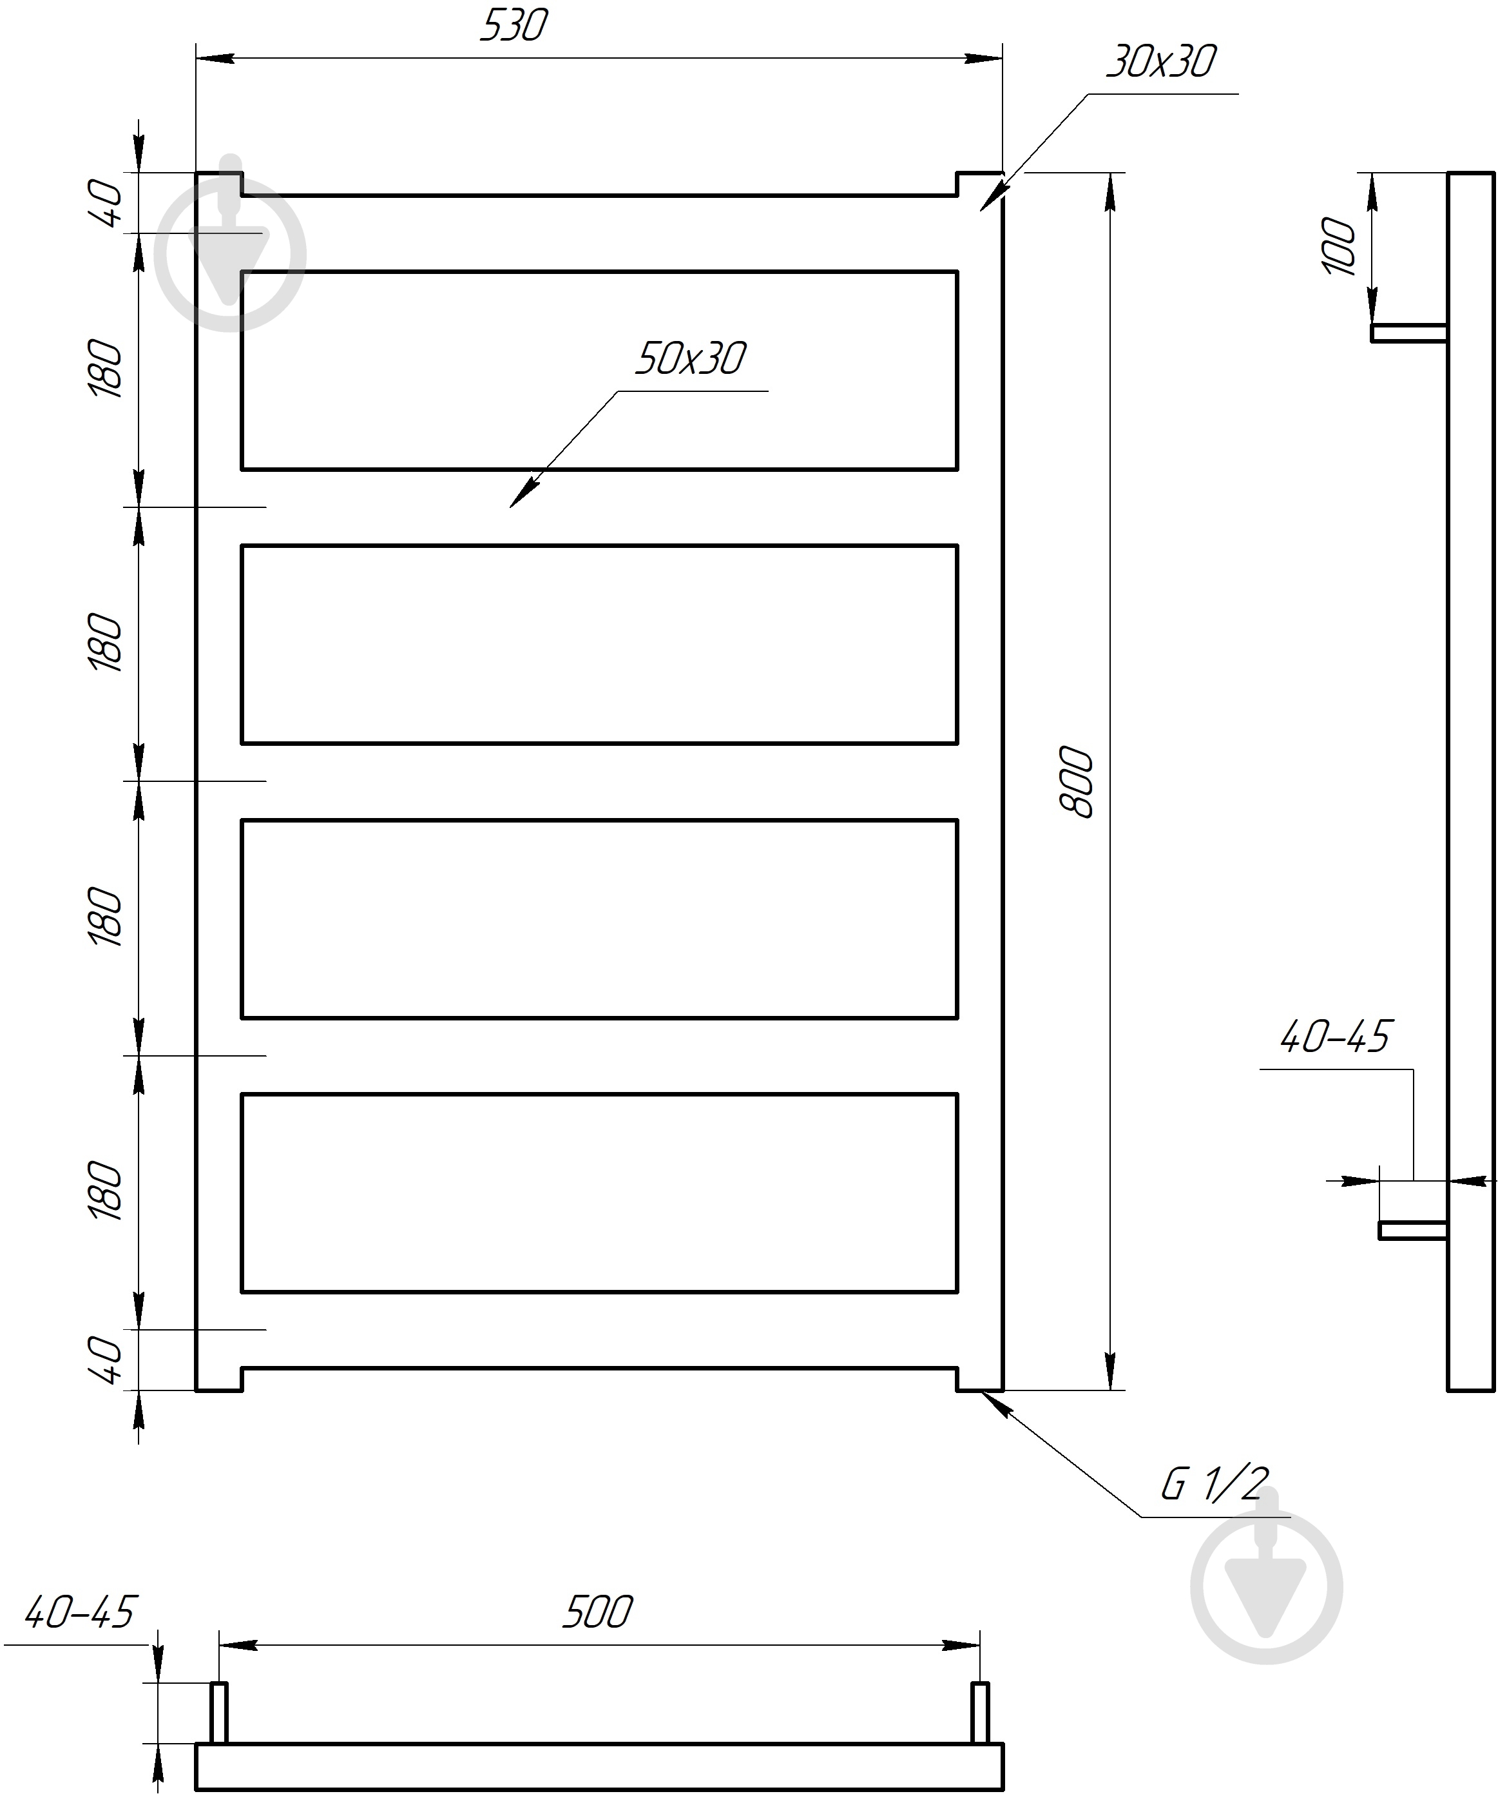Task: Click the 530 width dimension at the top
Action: pyautogui.click(x=514, y=26)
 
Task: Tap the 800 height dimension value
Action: pyautogui.click(x=1076, y=782)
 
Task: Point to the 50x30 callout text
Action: pyautogui.click(x=690, y=359)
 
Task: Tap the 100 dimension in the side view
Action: pyautogui.click(x=1338, y=246)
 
